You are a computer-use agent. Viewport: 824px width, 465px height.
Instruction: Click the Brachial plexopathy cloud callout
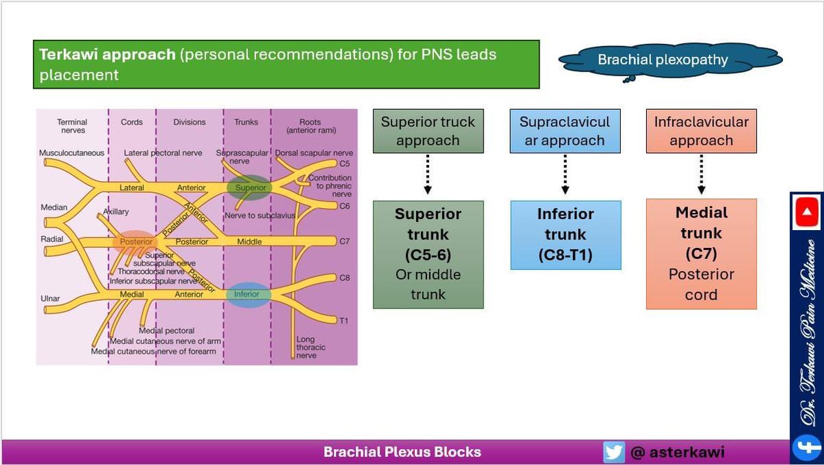coord(662,60)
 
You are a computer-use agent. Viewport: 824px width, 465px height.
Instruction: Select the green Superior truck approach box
coord(428,131)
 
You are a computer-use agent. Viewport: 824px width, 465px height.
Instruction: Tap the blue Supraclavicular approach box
coord(564,131)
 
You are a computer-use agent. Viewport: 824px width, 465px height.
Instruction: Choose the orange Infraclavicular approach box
coord(701,131)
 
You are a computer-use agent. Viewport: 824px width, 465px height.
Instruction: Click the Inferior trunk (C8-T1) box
coord(565,235)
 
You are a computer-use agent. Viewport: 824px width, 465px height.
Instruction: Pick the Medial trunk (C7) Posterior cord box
coord(701,253)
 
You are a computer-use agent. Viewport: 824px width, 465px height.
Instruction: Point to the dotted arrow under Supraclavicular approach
coord(564,174)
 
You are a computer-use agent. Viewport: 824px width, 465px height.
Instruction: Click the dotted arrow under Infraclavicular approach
coord(701,174)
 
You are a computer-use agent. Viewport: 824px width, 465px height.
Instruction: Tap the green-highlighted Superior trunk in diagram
coord(249,188)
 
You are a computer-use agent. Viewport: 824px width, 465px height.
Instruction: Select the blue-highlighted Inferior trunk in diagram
coord(247,294)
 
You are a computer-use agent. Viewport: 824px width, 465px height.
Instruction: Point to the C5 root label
coord(345,164)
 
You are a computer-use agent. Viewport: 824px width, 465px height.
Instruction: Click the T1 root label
coord(344,320)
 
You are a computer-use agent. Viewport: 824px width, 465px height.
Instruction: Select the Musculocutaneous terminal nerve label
coord(71,152)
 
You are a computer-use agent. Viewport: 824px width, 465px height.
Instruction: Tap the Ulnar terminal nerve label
coord(50,299)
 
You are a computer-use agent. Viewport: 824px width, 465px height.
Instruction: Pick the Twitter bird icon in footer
coord(613,452)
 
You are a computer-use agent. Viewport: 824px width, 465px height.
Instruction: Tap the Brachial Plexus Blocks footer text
coord(402,452)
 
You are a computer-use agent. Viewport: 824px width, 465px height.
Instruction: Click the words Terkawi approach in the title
coord(107,54)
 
